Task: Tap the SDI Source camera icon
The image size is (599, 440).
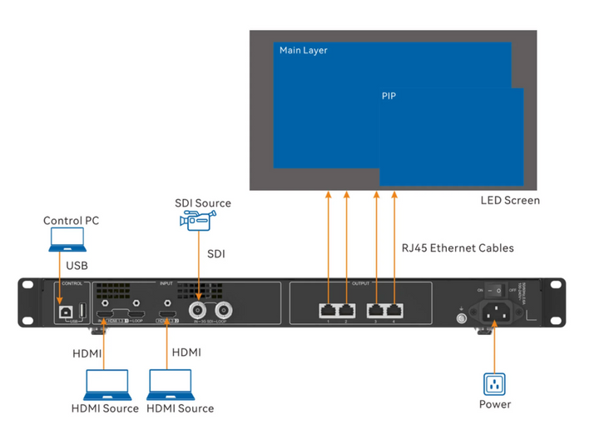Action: click(197, 220)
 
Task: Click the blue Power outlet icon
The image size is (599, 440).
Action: click(495, 384)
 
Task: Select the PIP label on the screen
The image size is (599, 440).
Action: click(389, 97)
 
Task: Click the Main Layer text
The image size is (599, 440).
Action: click(304, 51)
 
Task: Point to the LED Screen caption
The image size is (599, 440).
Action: click(510, 201)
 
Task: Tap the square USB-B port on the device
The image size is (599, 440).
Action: click(62, 311)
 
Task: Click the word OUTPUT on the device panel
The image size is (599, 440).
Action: click(362, 282)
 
